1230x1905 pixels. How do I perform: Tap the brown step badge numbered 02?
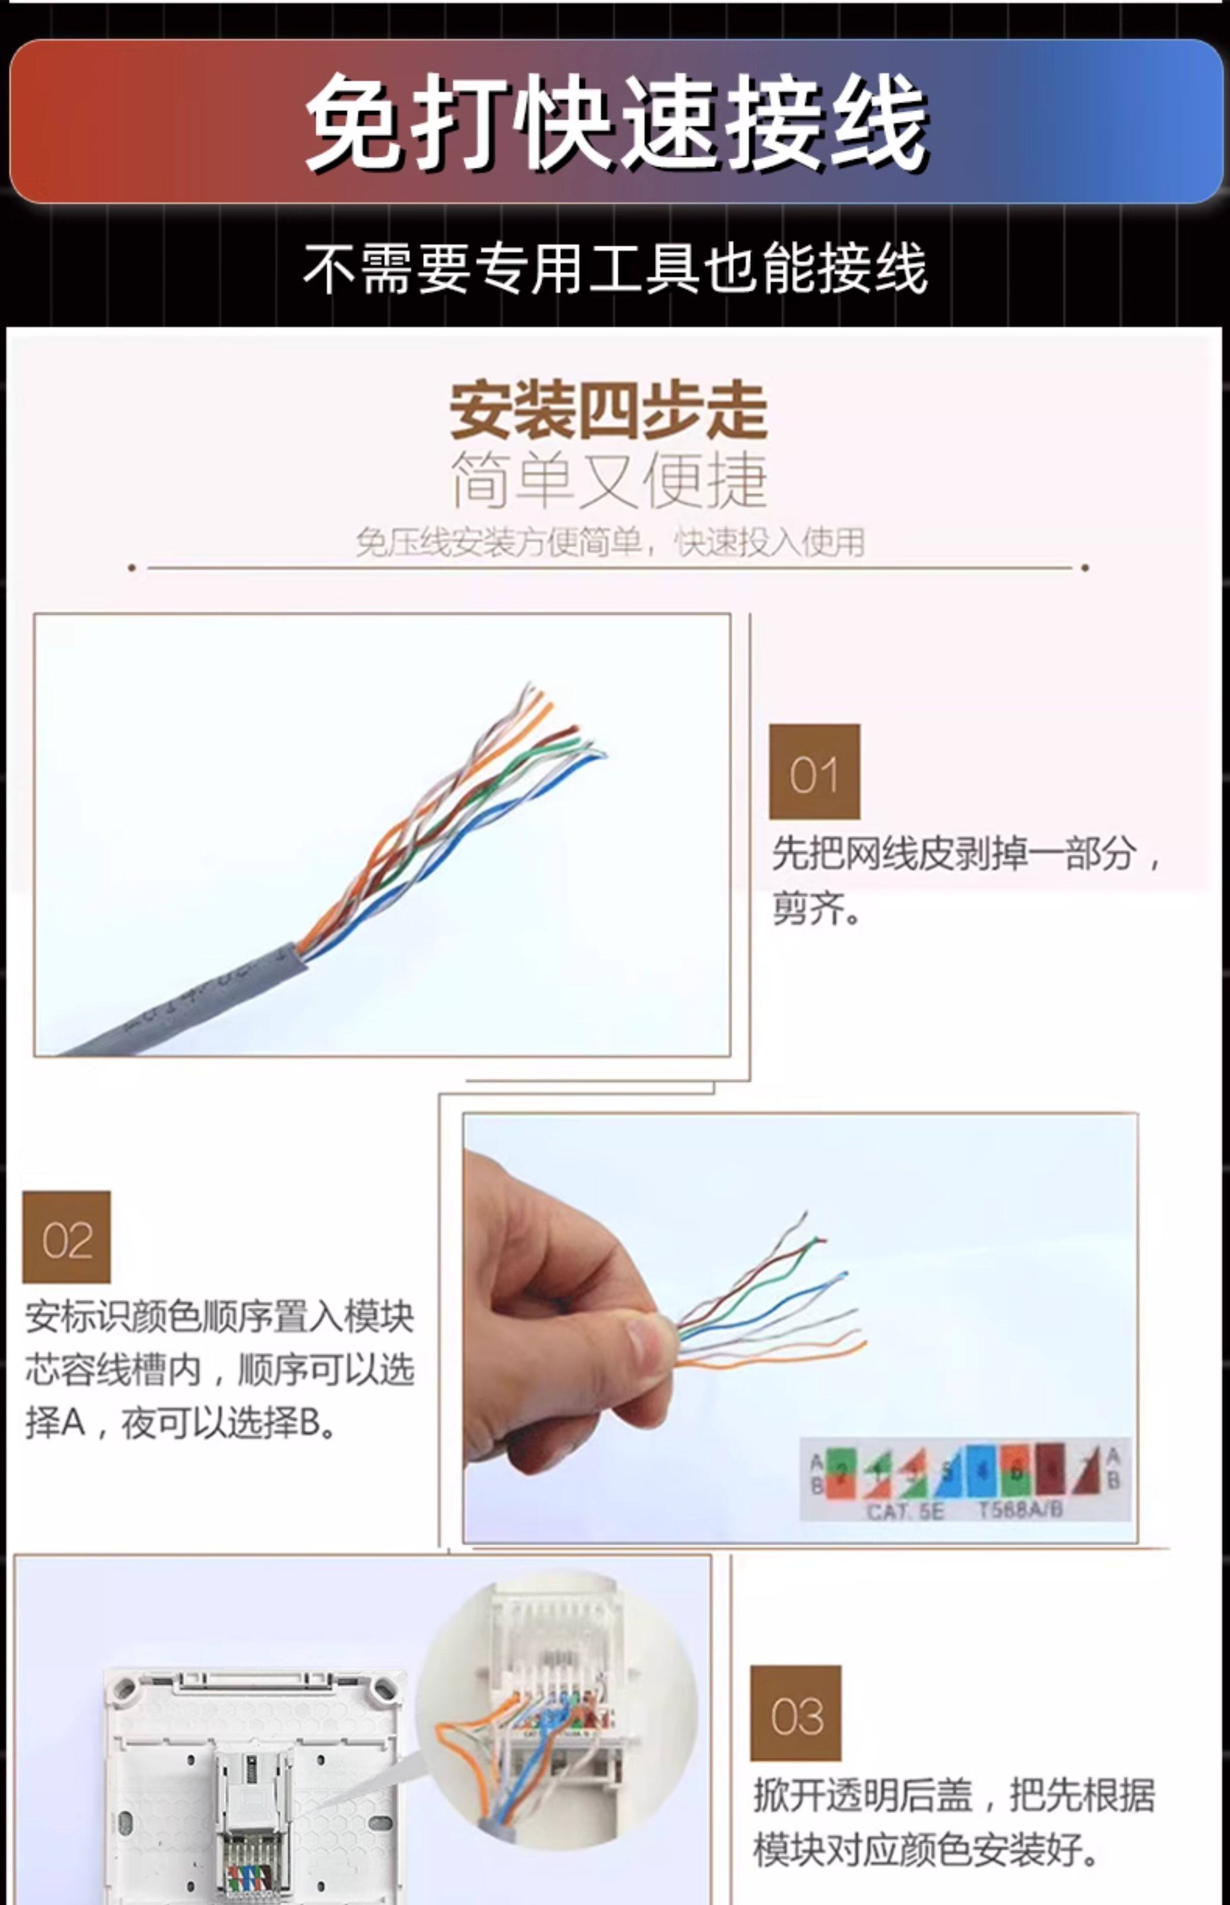(x=66, y=1237)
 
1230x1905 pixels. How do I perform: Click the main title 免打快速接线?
(x=615, y=122)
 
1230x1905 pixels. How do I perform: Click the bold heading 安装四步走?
(x=609, y=411)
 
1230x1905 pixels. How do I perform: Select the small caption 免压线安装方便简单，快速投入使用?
(x=610, y=542)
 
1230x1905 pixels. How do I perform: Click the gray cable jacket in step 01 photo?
(x=200, y=999)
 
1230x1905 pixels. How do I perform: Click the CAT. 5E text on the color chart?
(x=905, y=1511)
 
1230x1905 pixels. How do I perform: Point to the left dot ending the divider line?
(x=132, y=568)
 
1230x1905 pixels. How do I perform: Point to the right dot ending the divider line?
(x=1085, y=568)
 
